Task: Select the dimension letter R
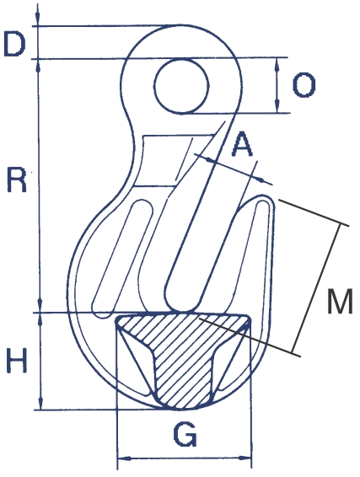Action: (x=16, y=179)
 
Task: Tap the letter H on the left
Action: (x=17, y=361)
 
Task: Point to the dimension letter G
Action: (x=185, y=435)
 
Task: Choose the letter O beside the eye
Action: (x=304, y=84)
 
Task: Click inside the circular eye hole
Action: (x=182, y=85)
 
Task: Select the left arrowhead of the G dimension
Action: (x=121, y=459)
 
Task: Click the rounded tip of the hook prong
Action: (x=265, y=201)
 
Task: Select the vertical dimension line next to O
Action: (x=278, y=84)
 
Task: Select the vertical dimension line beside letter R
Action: (x=40, y=181)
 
